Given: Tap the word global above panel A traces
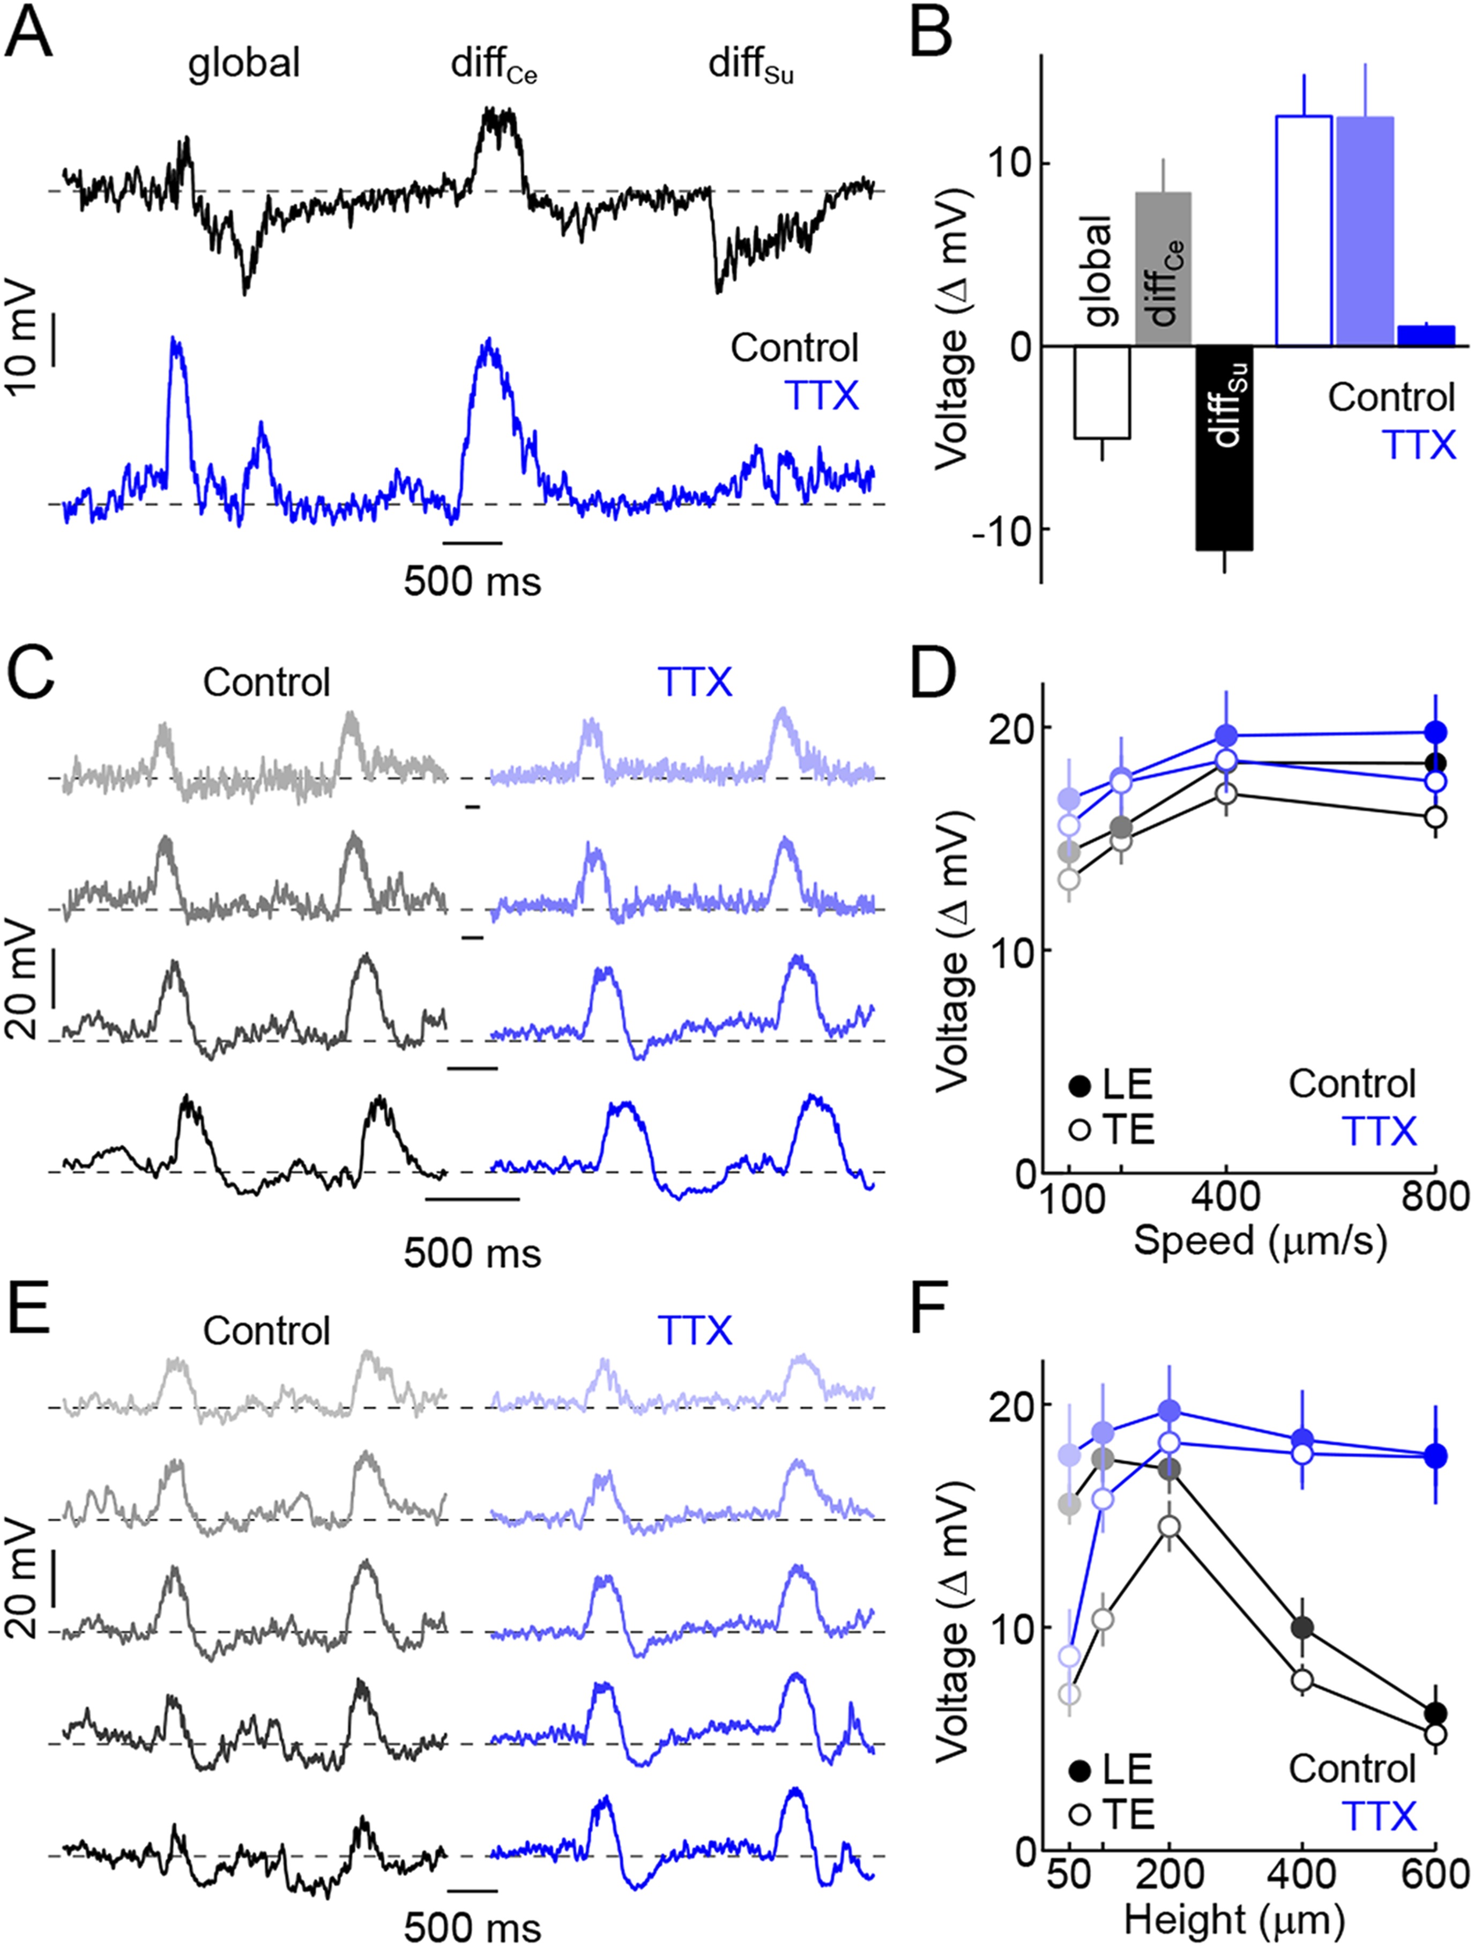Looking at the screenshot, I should (x=244, y=63).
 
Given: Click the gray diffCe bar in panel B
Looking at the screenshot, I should (x=1163, y=269).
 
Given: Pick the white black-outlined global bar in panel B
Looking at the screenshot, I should (x=1102, y=391).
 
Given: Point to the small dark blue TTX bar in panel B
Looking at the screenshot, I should (x=1426, y=336).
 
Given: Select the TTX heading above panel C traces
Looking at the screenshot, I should (x=694, y=682).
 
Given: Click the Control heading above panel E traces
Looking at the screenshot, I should (x=266, y=1331).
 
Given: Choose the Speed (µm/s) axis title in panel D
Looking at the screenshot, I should (x=1260, y=1241).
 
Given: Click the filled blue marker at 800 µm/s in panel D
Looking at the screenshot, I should (x=1435, y=732).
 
